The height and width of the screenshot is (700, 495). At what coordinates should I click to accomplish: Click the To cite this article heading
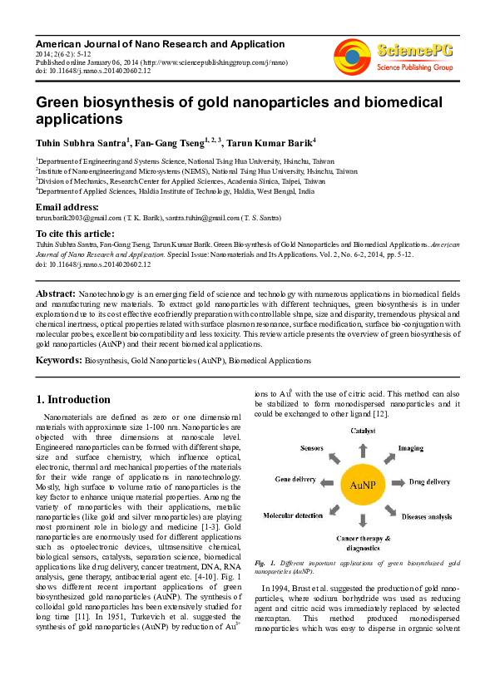click(73, 234)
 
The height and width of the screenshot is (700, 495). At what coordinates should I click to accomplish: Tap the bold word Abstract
click(55, 294)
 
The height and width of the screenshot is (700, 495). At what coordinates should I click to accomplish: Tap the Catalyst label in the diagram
click(363, 431)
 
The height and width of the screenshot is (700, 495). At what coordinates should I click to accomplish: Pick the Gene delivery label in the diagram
click(295, 481)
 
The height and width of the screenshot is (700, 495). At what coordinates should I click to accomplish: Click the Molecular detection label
click(293, 515)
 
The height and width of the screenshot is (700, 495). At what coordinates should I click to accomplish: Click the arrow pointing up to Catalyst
click(363, 449)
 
